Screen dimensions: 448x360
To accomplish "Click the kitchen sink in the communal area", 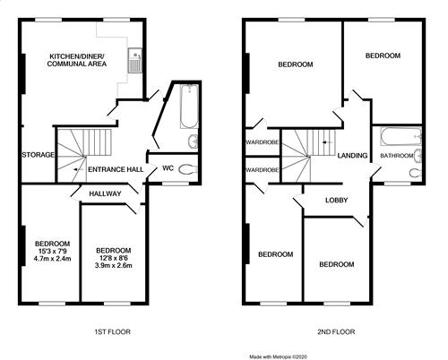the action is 135,60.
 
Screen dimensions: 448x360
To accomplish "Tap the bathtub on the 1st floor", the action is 189,107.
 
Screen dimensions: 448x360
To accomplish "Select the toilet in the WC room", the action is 188,169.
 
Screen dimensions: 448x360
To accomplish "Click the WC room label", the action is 168,168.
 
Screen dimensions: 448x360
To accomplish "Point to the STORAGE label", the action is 39,155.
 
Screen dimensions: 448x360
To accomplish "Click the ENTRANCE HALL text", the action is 116,169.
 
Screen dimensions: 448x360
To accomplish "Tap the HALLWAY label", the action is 105,193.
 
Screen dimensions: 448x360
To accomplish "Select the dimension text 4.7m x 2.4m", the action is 53,259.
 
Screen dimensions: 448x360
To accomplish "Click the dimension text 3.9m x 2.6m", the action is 114,265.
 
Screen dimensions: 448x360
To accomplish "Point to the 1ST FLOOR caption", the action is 112,331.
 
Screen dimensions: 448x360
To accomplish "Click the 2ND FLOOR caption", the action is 336,331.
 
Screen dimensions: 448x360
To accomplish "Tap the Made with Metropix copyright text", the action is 279,356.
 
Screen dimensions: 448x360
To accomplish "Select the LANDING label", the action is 352,156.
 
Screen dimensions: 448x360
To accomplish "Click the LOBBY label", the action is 337,200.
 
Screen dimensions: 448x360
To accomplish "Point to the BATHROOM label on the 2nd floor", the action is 397,156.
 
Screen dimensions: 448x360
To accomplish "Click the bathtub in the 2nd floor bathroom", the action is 401,137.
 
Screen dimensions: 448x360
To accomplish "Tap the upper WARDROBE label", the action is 263,142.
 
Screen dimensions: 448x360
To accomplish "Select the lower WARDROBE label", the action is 263,170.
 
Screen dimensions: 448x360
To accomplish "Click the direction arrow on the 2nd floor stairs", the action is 327,142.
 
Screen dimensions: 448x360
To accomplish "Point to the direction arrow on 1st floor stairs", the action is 79,169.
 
